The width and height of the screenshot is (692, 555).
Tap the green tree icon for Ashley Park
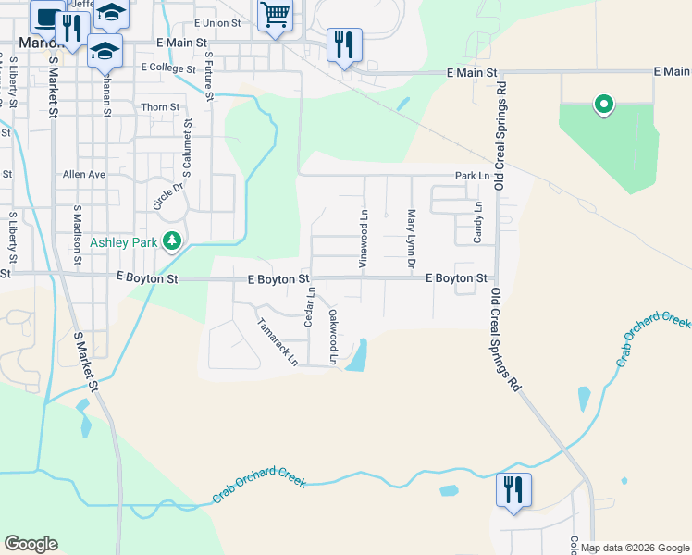click(171, 241)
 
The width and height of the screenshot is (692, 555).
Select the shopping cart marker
click(275, 16)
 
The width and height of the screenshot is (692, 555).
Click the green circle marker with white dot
click(604, 105)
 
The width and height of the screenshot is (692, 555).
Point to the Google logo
click(31, 544)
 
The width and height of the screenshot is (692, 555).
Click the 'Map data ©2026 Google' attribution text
click(635, 548)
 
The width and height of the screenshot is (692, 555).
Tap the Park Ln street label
click(471, 175)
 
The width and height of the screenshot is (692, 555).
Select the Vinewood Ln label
click(365, 239)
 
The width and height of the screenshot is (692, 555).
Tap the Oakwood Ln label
click(333, 334)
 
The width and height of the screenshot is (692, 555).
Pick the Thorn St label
click(160, 107)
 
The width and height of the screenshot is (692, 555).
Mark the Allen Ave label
click(84, 174)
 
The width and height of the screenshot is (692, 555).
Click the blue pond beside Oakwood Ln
click(357, 355)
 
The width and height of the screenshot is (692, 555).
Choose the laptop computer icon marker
click(45, 16)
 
